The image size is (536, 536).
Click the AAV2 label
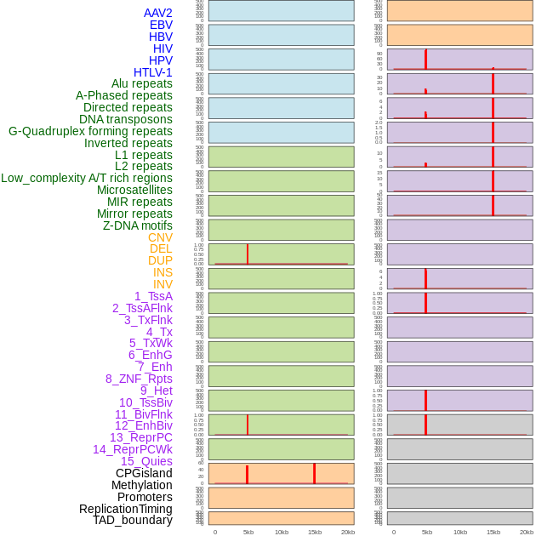158,13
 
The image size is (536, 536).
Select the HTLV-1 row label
153,72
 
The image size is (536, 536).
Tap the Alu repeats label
142,83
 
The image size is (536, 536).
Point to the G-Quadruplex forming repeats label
90,131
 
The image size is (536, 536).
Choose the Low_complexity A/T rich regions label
87,178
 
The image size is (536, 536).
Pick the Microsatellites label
134,190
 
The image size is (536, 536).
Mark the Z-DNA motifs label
138,225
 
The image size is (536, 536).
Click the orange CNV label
160,237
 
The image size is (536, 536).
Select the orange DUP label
160,260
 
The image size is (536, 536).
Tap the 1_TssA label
153,296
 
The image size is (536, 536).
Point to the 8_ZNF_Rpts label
139,379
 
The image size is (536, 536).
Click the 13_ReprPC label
140,437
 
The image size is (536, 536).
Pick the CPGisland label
144,473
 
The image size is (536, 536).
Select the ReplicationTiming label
126,509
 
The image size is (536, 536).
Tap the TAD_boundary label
133,520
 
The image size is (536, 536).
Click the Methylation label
142,485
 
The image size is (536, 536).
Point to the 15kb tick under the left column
314,532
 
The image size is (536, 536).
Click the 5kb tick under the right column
426,532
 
